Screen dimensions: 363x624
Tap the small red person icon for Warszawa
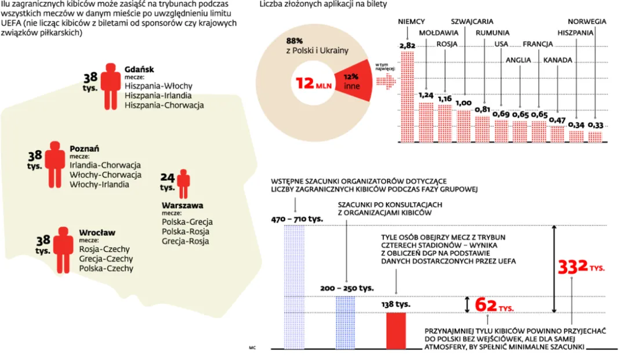(183, 184)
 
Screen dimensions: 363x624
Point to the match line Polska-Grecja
(187, 222)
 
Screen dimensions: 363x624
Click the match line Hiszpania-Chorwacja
(164, 106)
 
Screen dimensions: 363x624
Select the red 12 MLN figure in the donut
(314, 84)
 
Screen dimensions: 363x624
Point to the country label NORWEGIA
(587, 21)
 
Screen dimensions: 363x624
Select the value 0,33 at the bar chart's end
(596, 125)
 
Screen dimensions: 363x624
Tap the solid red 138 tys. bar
(397, 331)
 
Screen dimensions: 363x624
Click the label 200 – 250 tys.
(347, 288)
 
